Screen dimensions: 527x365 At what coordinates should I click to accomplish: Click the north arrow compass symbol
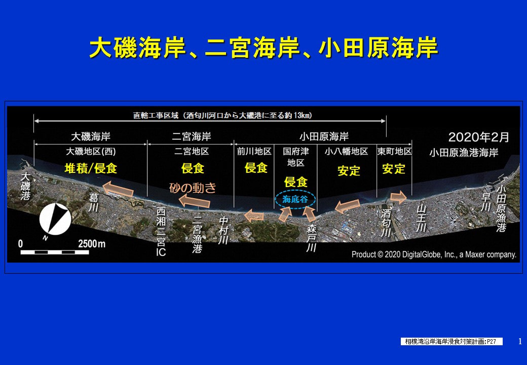pos(55,219)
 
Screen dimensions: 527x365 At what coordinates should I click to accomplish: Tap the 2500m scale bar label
pos(91,244)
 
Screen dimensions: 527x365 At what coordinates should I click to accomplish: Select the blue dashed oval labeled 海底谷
pos(295,199)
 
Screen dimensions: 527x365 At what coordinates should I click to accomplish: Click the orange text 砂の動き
pos(193,188)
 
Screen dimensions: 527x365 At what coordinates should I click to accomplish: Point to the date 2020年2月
pos(478,137)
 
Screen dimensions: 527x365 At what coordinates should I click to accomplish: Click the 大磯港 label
pos(25,186)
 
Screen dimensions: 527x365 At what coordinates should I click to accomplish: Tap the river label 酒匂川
pos(386,223)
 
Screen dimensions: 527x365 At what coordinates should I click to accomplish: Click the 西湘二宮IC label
pos(161,232)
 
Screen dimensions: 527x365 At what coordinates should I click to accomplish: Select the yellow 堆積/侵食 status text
pos(91,168)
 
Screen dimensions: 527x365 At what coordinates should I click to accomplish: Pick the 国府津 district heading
pos(296,151)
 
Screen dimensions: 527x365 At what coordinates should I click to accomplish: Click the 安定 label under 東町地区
pos(394,169)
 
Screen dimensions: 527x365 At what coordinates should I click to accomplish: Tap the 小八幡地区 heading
pos(346,151)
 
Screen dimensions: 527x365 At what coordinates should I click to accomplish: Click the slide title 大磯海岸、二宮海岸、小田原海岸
pos(263,47)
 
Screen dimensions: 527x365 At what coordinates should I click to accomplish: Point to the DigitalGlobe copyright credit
pos(434,254)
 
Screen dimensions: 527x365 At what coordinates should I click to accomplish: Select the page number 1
pos(520,342)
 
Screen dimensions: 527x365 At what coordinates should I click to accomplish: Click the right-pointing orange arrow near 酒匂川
pos(399,197)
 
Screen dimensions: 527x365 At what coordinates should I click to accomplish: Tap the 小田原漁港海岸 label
pos(464,153)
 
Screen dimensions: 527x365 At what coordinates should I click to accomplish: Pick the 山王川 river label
pos(422,218)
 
